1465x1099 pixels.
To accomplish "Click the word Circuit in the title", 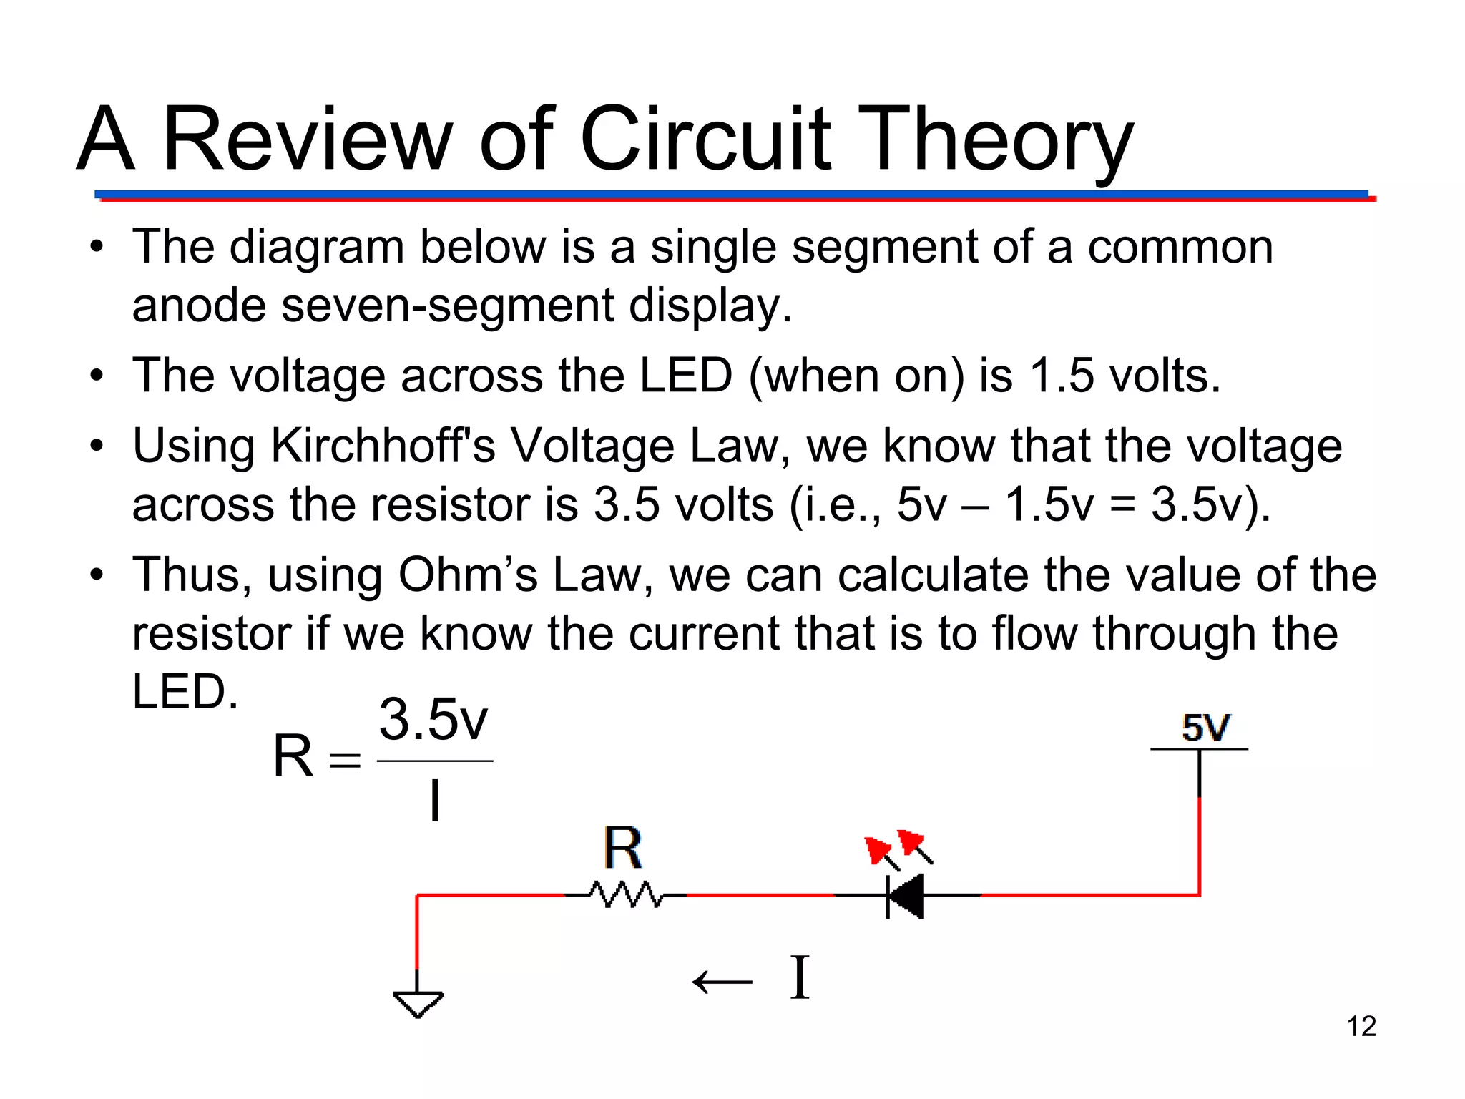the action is click(x=705, y=139).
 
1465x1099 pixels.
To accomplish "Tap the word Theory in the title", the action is click(x=994, y=139).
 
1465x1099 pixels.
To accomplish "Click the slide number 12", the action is click(x=1361, y=1026).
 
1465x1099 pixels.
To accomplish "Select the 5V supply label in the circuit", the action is click(x=1206, y=728).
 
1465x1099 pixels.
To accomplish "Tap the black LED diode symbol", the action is click(x=906, y=895).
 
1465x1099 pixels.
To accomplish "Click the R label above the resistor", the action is click(x=622, y=849).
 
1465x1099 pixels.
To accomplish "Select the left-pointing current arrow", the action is click(x=722, y=981).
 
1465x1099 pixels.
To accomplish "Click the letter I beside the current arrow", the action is click(x=800, y=978).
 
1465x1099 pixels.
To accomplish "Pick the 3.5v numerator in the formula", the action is click(x=433, y=720).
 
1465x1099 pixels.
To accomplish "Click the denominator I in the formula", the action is click(x=434, y=801).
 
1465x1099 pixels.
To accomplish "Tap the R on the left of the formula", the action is click(x=293, y=756).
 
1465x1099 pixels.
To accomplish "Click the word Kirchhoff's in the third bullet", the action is click(x=383, y=446).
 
